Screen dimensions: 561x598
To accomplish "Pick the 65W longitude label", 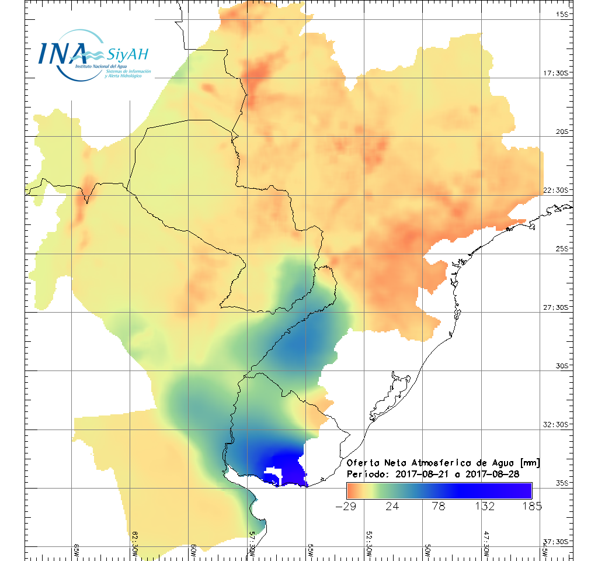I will pyautogui.click(x=77, y=550).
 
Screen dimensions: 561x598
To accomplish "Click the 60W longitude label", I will pyautogui.click(x=193, y=550).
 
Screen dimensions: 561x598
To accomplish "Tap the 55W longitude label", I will pyautogui.click(x=310, y=550).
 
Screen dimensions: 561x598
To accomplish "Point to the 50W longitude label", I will pyautogui.click(x=427, y=550).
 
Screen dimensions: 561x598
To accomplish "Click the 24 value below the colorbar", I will pyautogui.click(x=392, y=506).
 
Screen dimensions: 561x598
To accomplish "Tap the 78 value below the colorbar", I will pyautogui.click(x=439, y=506).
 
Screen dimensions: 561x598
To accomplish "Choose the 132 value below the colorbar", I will pyautogui.click(x=486, y=506).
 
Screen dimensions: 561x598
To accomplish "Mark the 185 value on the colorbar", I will pyautogui.click(x=531, y=506).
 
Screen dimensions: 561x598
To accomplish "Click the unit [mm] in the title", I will pyautogui.click(x=529, y=463).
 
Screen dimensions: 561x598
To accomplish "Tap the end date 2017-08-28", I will pyautogui.click(x=492, y=474).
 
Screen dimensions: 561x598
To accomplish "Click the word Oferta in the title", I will pyautogui.click(x=363, y=463).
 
